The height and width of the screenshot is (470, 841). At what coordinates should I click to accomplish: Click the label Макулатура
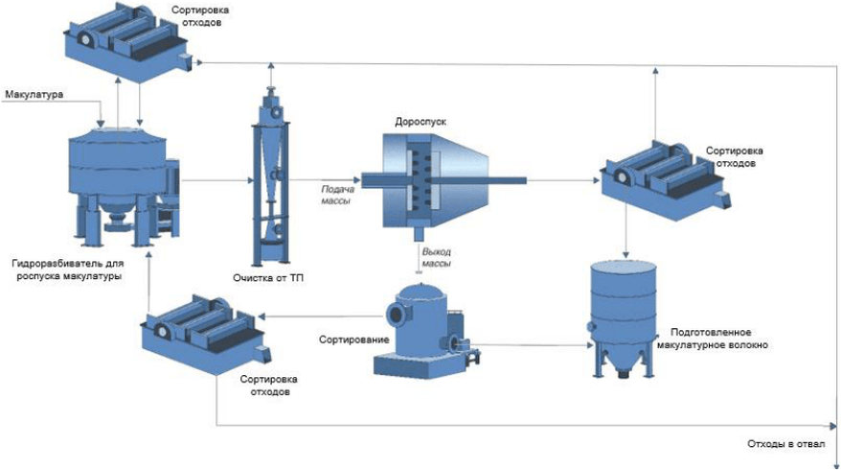point(34,95)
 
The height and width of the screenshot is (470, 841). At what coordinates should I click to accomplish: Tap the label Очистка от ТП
point(268,278)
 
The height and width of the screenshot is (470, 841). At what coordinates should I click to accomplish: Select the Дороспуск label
point(420,122)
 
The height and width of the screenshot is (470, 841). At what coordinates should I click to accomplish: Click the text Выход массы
point(437,258)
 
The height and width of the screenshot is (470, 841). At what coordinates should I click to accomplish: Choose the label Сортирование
point(354,340)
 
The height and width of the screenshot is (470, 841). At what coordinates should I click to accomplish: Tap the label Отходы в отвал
point(786,444)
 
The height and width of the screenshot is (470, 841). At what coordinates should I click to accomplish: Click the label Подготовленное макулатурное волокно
point(713,339)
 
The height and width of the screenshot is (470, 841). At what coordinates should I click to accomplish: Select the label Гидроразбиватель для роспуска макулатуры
point(68,270)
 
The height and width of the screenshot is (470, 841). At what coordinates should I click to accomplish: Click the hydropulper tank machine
point(125,187)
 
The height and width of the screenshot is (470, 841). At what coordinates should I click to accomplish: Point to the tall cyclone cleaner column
point(271,177)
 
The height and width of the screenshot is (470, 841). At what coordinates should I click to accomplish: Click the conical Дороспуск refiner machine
point(436,182)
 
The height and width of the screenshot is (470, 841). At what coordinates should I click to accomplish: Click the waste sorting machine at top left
point(128,43)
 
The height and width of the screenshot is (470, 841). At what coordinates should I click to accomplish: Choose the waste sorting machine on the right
point(665,180)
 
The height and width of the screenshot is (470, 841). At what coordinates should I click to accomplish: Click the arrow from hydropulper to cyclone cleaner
point(216,180)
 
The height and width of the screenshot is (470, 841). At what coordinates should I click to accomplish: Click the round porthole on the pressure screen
point(397,315)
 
